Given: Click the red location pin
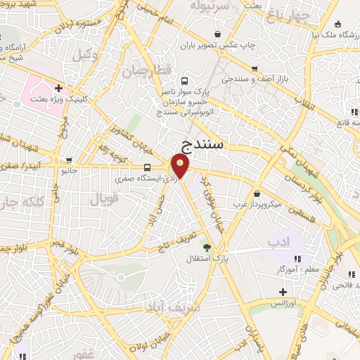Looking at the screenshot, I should (181, 166).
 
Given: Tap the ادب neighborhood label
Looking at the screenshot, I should (279, 242).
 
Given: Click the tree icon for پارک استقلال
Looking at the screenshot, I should (206, 247).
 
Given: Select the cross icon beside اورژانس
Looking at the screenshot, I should (283, 291).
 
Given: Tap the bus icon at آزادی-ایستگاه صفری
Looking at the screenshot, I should (147, 167).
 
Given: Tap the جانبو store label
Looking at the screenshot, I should (69, 170).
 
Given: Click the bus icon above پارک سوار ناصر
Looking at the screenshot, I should (184, 81).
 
